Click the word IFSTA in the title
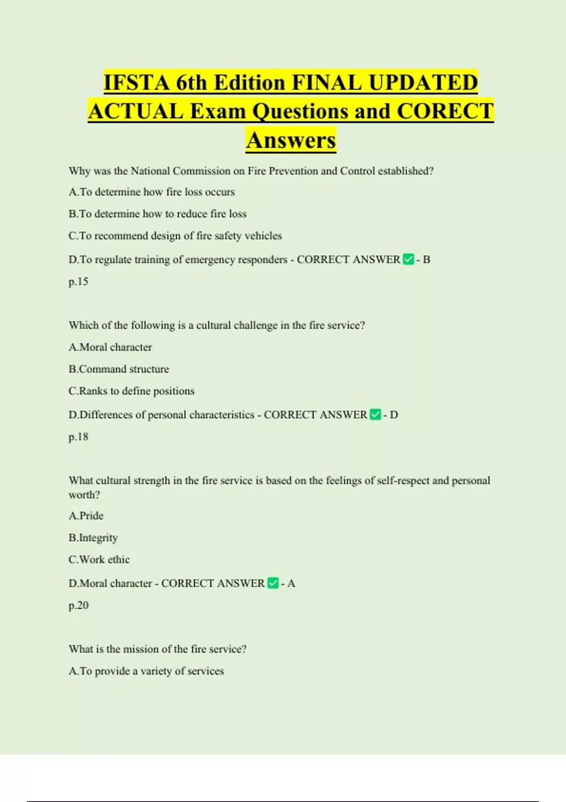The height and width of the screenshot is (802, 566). point(136,83)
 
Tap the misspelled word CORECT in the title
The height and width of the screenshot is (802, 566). point(445,111)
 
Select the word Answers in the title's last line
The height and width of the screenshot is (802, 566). point(291,140)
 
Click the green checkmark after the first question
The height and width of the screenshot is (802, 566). point(408,259)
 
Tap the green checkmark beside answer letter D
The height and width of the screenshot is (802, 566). point(375,415)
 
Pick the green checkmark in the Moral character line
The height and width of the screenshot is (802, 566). point(273,583)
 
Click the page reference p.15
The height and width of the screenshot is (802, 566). point(78,282)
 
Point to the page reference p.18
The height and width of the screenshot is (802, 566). point(78,437)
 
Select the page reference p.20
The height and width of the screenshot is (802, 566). point(78,605)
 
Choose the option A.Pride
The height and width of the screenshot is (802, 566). point(86,516)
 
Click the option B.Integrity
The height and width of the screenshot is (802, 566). point(93,538)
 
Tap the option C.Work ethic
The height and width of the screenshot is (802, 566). point(99,560)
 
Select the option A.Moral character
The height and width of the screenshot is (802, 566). point(110,347)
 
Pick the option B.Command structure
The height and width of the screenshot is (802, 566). point(118,369)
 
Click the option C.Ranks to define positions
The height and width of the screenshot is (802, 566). point(131,391)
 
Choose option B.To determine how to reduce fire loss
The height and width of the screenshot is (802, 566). point(158,214)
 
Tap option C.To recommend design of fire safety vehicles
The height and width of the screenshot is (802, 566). point(175,236)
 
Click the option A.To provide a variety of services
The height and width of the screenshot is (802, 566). point(146,671)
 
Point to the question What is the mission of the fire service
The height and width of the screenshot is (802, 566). point(158,649)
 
